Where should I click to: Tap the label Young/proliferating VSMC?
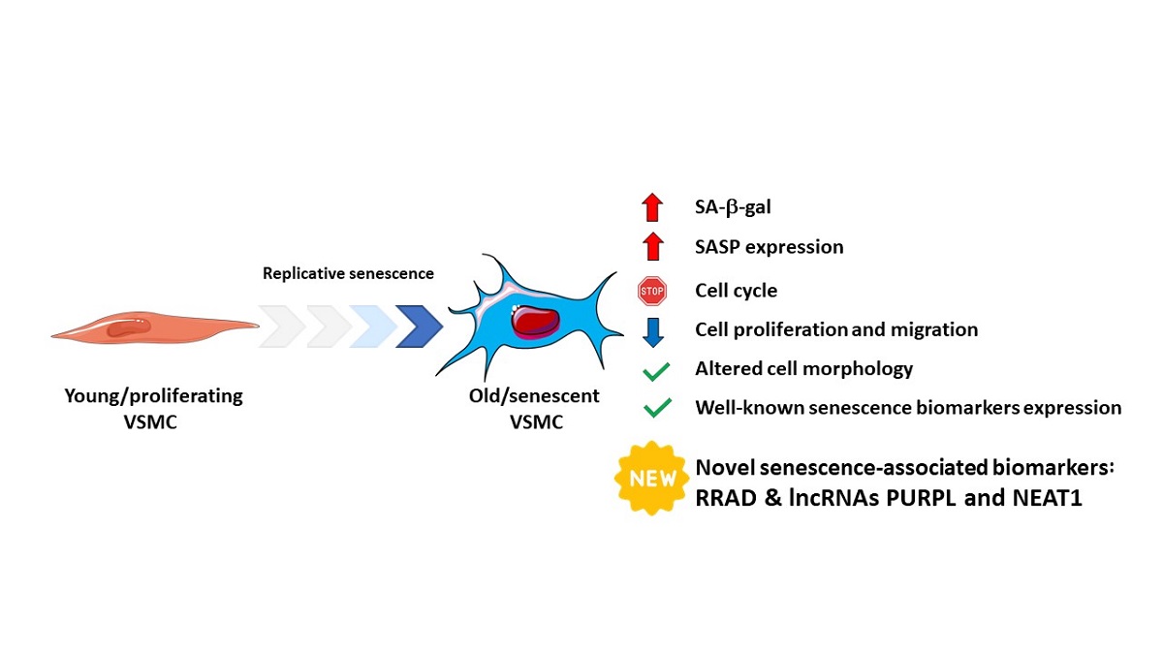153,408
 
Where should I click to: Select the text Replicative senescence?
348,273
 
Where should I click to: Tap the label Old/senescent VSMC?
528,408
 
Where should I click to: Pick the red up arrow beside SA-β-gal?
651,206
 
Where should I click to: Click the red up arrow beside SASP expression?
651,246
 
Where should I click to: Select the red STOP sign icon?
651,290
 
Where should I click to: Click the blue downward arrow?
651,329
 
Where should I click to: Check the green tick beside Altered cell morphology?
657,370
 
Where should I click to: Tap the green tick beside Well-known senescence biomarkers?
657,409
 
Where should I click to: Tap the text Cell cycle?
736,290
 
